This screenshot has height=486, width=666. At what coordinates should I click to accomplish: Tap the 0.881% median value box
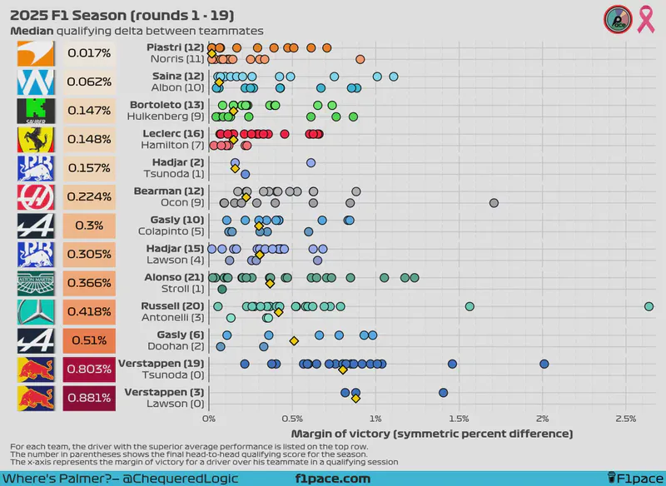click(88, 396)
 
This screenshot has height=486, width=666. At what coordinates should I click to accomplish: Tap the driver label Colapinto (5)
click(171, 231)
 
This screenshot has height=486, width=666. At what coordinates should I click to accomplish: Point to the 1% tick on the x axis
click(375, 419)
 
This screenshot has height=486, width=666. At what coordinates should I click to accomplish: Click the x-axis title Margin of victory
click(432, 434)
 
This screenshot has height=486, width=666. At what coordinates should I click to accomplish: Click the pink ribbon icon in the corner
click(645, 18)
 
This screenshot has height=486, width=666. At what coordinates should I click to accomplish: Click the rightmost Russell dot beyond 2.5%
click(649, 306)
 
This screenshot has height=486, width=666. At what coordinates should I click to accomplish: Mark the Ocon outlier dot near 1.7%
click(494, 203)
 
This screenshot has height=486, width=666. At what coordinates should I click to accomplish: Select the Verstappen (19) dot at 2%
click(544, 364)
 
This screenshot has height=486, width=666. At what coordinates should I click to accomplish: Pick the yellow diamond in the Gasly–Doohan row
click(294, 340)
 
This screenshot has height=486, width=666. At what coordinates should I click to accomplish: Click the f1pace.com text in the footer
click(333, 479)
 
